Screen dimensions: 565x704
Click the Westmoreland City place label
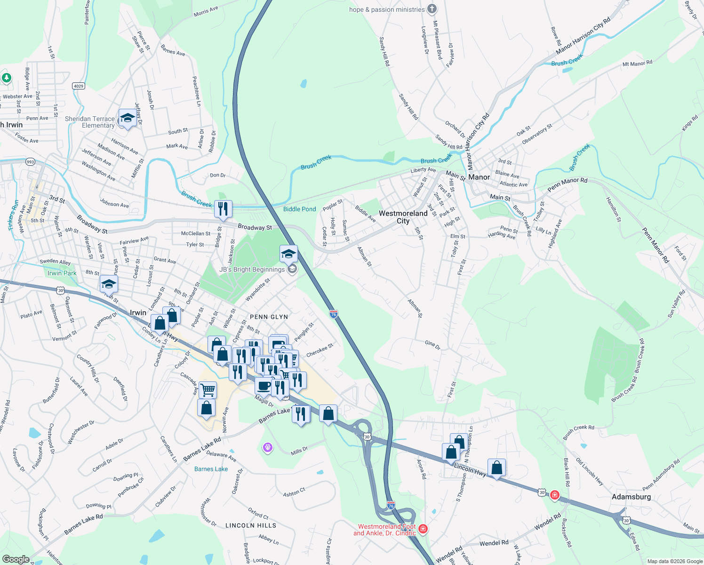(x=403, y=217)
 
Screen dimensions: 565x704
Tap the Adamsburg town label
(x=631, y=497)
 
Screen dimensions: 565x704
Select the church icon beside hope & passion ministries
(x=432, y=9)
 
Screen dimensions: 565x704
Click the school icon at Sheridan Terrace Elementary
(x=127, y=118)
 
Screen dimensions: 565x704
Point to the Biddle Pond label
(x=300, y=209)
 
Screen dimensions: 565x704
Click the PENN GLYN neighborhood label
(x=269, y=317)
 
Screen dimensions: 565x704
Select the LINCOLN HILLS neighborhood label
(x=251, y=525)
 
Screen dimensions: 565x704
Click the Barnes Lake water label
(x=211, y=469)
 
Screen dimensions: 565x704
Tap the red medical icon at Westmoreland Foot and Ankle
(x=423, y=529)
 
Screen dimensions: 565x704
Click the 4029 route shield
(x=79, y=86)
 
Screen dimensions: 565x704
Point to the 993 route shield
(x=30, y=161)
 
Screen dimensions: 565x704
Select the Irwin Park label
(x=62, y=273)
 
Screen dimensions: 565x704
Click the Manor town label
(x=479, y=177)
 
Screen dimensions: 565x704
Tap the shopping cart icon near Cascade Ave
(x=208, y=390)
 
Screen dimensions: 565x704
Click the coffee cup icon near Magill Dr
(x=264, y=386)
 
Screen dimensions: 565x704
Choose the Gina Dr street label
(x=432, y=344)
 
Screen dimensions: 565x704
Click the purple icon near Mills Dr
(x=268, y=447)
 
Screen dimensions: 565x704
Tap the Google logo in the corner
(x=16, y=559)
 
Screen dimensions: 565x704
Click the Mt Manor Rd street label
(x=637, y=64)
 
